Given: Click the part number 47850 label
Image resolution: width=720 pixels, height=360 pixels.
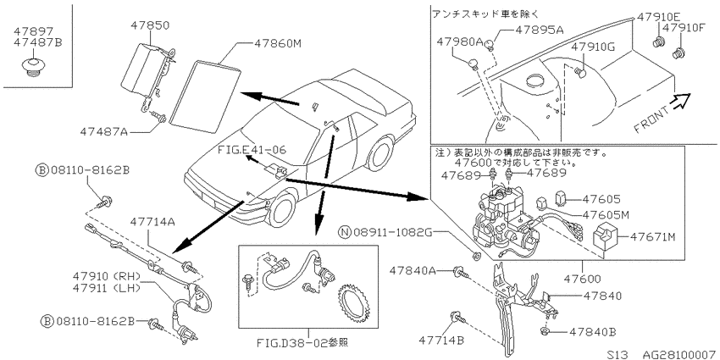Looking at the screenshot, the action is [150, 25].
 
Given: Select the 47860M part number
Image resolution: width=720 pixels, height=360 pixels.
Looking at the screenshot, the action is [277, 44].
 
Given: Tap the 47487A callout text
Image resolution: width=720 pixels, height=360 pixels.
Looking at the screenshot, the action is [104, 132].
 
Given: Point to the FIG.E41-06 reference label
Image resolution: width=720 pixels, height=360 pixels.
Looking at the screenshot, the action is [252, 150].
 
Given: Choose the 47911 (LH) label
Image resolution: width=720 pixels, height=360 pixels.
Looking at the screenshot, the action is [106, 287].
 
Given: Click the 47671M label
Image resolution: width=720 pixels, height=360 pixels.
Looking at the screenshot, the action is [653, 237].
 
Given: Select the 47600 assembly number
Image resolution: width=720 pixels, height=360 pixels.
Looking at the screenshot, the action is [581, 279].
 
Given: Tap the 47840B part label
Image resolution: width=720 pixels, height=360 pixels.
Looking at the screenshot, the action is [593, 331].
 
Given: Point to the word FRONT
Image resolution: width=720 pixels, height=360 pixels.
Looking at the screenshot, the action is [651, 120].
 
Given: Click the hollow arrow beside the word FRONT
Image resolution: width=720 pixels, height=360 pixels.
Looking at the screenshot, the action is [680, 101].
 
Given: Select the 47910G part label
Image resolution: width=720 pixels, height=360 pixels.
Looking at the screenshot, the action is [595, 47].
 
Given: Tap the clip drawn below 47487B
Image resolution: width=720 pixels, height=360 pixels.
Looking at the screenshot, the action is [31, 68].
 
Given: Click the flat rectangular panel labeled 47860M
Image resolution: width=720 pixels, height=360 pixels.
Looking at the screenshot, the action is [205, 94].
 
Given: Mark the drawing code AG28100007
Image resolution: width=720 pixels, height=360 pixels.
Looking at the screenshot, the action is [679, 354].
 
